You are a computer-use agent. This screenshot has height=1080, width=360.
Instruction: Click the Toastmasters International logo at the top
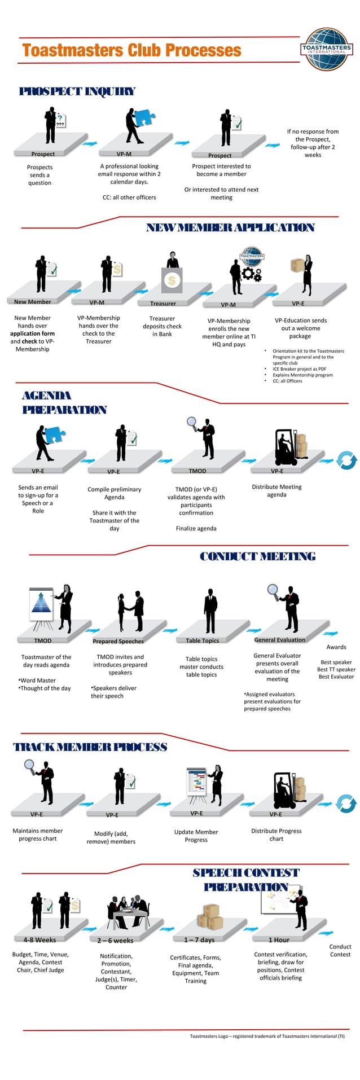click(x=327, y=49)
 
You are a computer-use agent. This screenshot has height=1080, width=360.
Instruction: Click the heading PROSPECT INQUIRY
click(x=77, y=91)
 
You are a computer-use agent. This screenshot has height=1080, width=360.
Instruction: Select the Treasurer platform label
click(x=163, y=304)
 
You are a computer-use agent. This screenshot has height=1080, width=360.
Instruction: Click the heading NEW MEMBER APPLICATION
click(x=230, y=228)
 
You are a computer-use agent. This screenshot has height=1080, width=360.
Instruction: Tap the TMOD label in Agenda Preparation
click(x=197, y=471)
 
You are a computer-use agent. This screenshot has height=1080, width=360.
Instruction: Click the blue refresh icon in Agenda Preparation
click(x=346, y=460)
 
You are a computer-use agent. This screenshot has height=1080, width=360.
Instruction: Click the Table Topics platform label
click(x=202, y=640)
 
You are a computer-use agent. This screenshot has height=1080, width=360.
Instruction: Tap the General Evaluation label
click(x=279, y=640)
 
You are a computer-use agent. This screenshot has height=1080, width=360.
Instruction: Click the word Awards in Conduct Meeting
click(x=336, y=647)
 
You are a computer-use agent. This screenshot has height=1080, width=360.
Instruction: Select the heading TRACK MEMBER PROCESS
click(x=90, y=747)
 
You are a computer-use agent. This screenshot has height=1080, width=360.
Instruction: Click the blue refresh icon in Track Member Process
click(x=346, y=804)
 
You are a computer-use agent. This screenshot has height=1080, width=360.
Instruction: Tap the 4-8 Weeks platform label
click(x=39, y=940)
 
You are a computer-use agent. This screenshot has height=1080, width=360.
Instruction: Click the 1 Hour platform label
click(x=279, y=940)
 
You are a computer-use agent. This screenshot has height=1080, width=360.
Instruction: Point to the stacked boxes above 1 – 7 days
click(x=210, y=917)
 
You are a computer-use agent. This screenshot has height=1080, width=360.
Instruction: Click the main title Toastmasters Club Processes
click(x=132, y=51)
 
